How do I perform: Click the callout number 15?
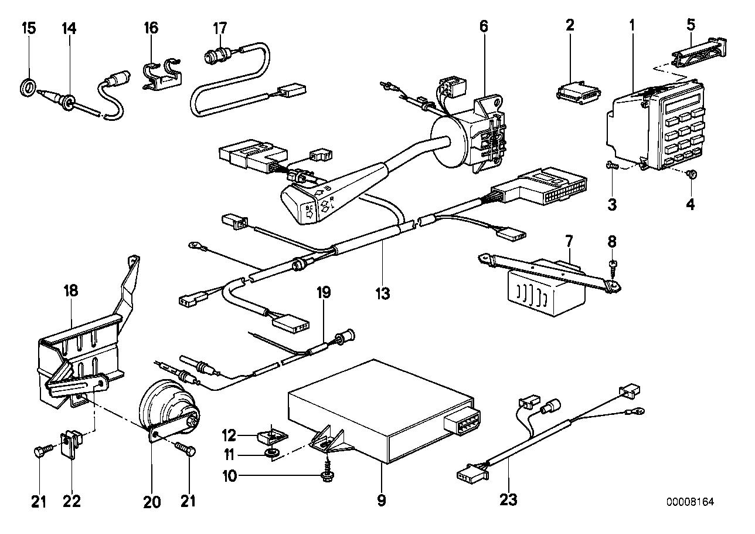(28, 27)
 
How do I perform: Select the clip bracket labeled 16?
(162, 73)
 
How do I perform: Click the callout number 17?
(219, 27)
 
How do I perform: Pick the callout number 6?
(483, 26)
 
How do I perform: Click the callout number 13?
(383, 292)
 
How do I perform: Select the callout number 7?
(569, 241)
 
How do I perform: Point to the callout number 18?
(70, 290)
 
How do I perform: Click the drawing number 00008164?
(691, 502)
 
